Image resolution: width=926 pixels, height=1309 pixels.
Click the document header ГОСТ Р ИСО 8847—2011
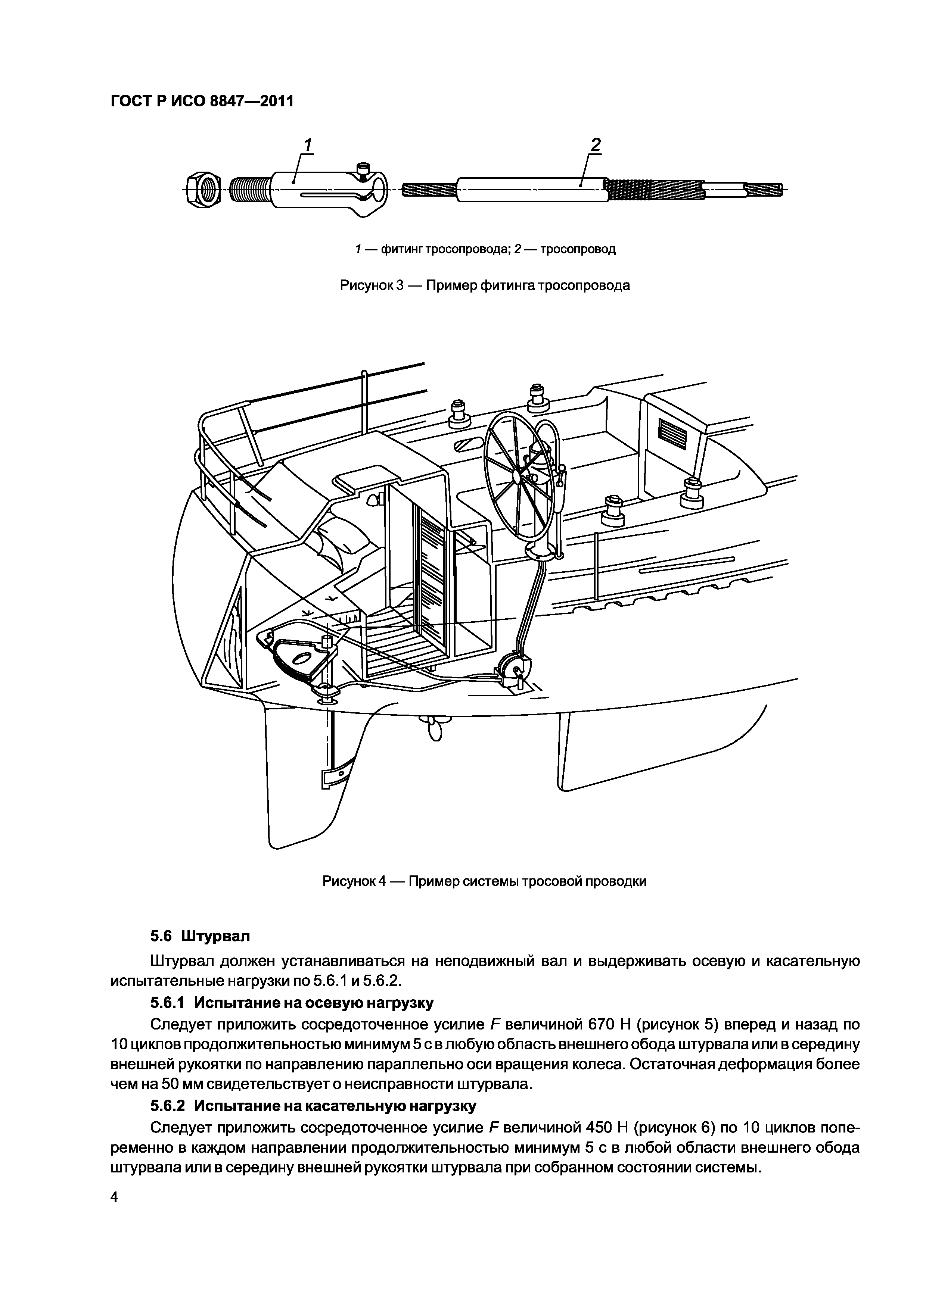[x=201, y=101]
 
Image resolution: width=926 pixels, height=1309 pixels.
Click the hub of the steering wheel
[x=516, y=475]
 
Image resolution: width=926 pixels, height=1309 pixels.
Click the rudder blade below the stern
[x=302, y=798]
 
